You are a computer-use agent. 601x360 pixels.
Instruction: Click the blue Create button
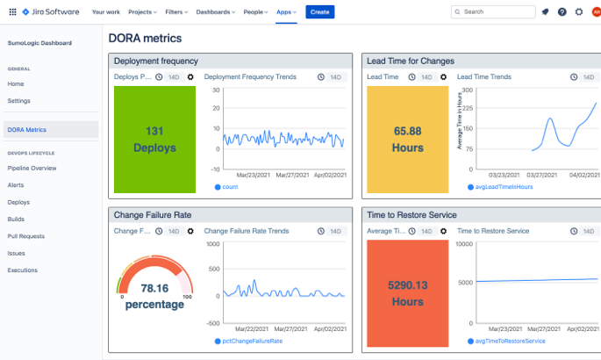pyautogui.click(x=319, y=12)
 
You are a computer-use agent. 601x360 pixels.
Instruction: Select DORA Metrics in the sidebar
pyautogui.click(x=26, y=130)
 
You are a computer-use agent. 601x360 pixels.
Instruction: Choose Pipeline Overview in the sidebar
pyautogui.click(x=32, y=168)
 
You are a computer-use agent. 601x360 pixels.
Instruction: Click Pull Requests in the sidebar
pyautogui.click(x=25, y=236)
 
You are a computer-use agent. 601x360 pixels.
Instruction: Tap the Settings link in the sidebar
pyautogui.click(x=18, y=101)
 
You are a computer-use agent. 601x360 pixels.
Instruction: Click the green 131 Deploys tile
pyautogui.click(x=154, y=140)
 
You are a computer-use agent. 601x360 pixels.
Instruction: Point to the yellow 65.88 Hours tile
pyautogui.click(x=408, y=140)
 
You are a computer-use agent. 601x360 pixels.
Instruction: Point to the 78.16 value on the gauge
pyautogui.click(x=154, y=288)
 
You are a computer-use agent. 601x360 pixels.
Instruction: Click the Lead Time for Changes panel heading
pyautogui.click(x=411, y=61)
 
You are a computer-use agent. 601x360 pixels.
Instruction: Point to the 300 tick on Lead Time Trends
pyautogui.click(x=467, y=90)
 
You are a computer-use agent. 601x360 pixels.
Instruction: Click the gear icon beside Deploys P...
pyautogui.click(x=190, y=77)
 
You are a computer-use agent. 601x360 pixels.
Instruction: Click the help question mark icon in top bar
pyautogui.click(x=562, y=12)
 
